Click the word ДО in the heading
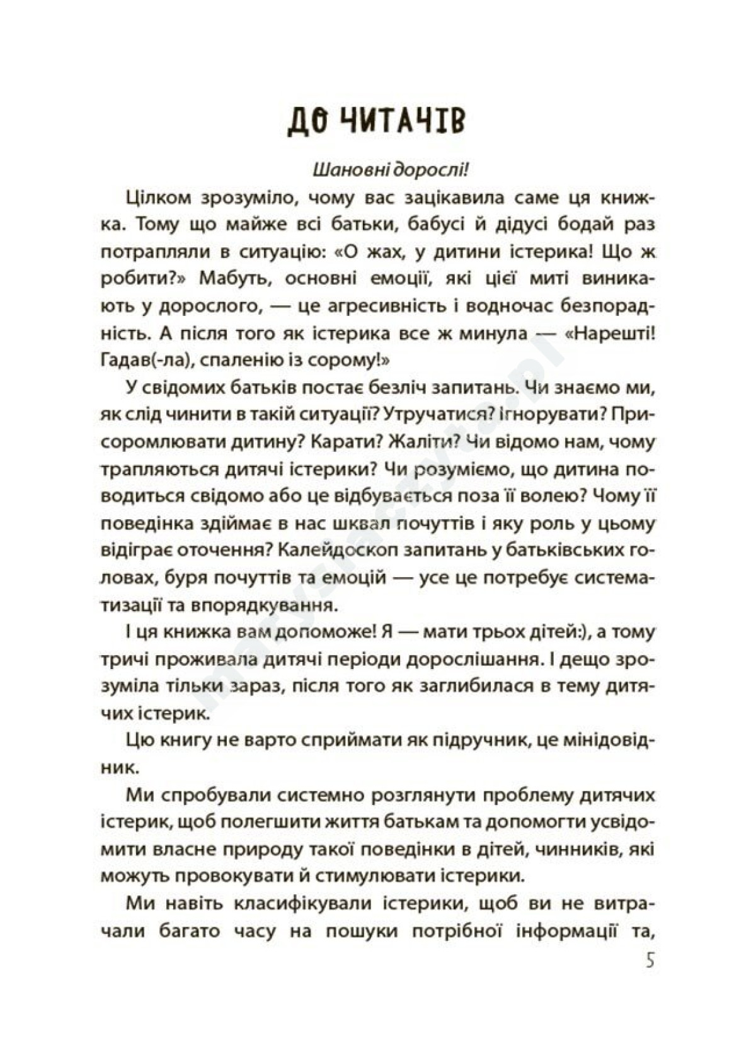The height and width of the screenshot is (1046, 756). coord(306,120)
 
